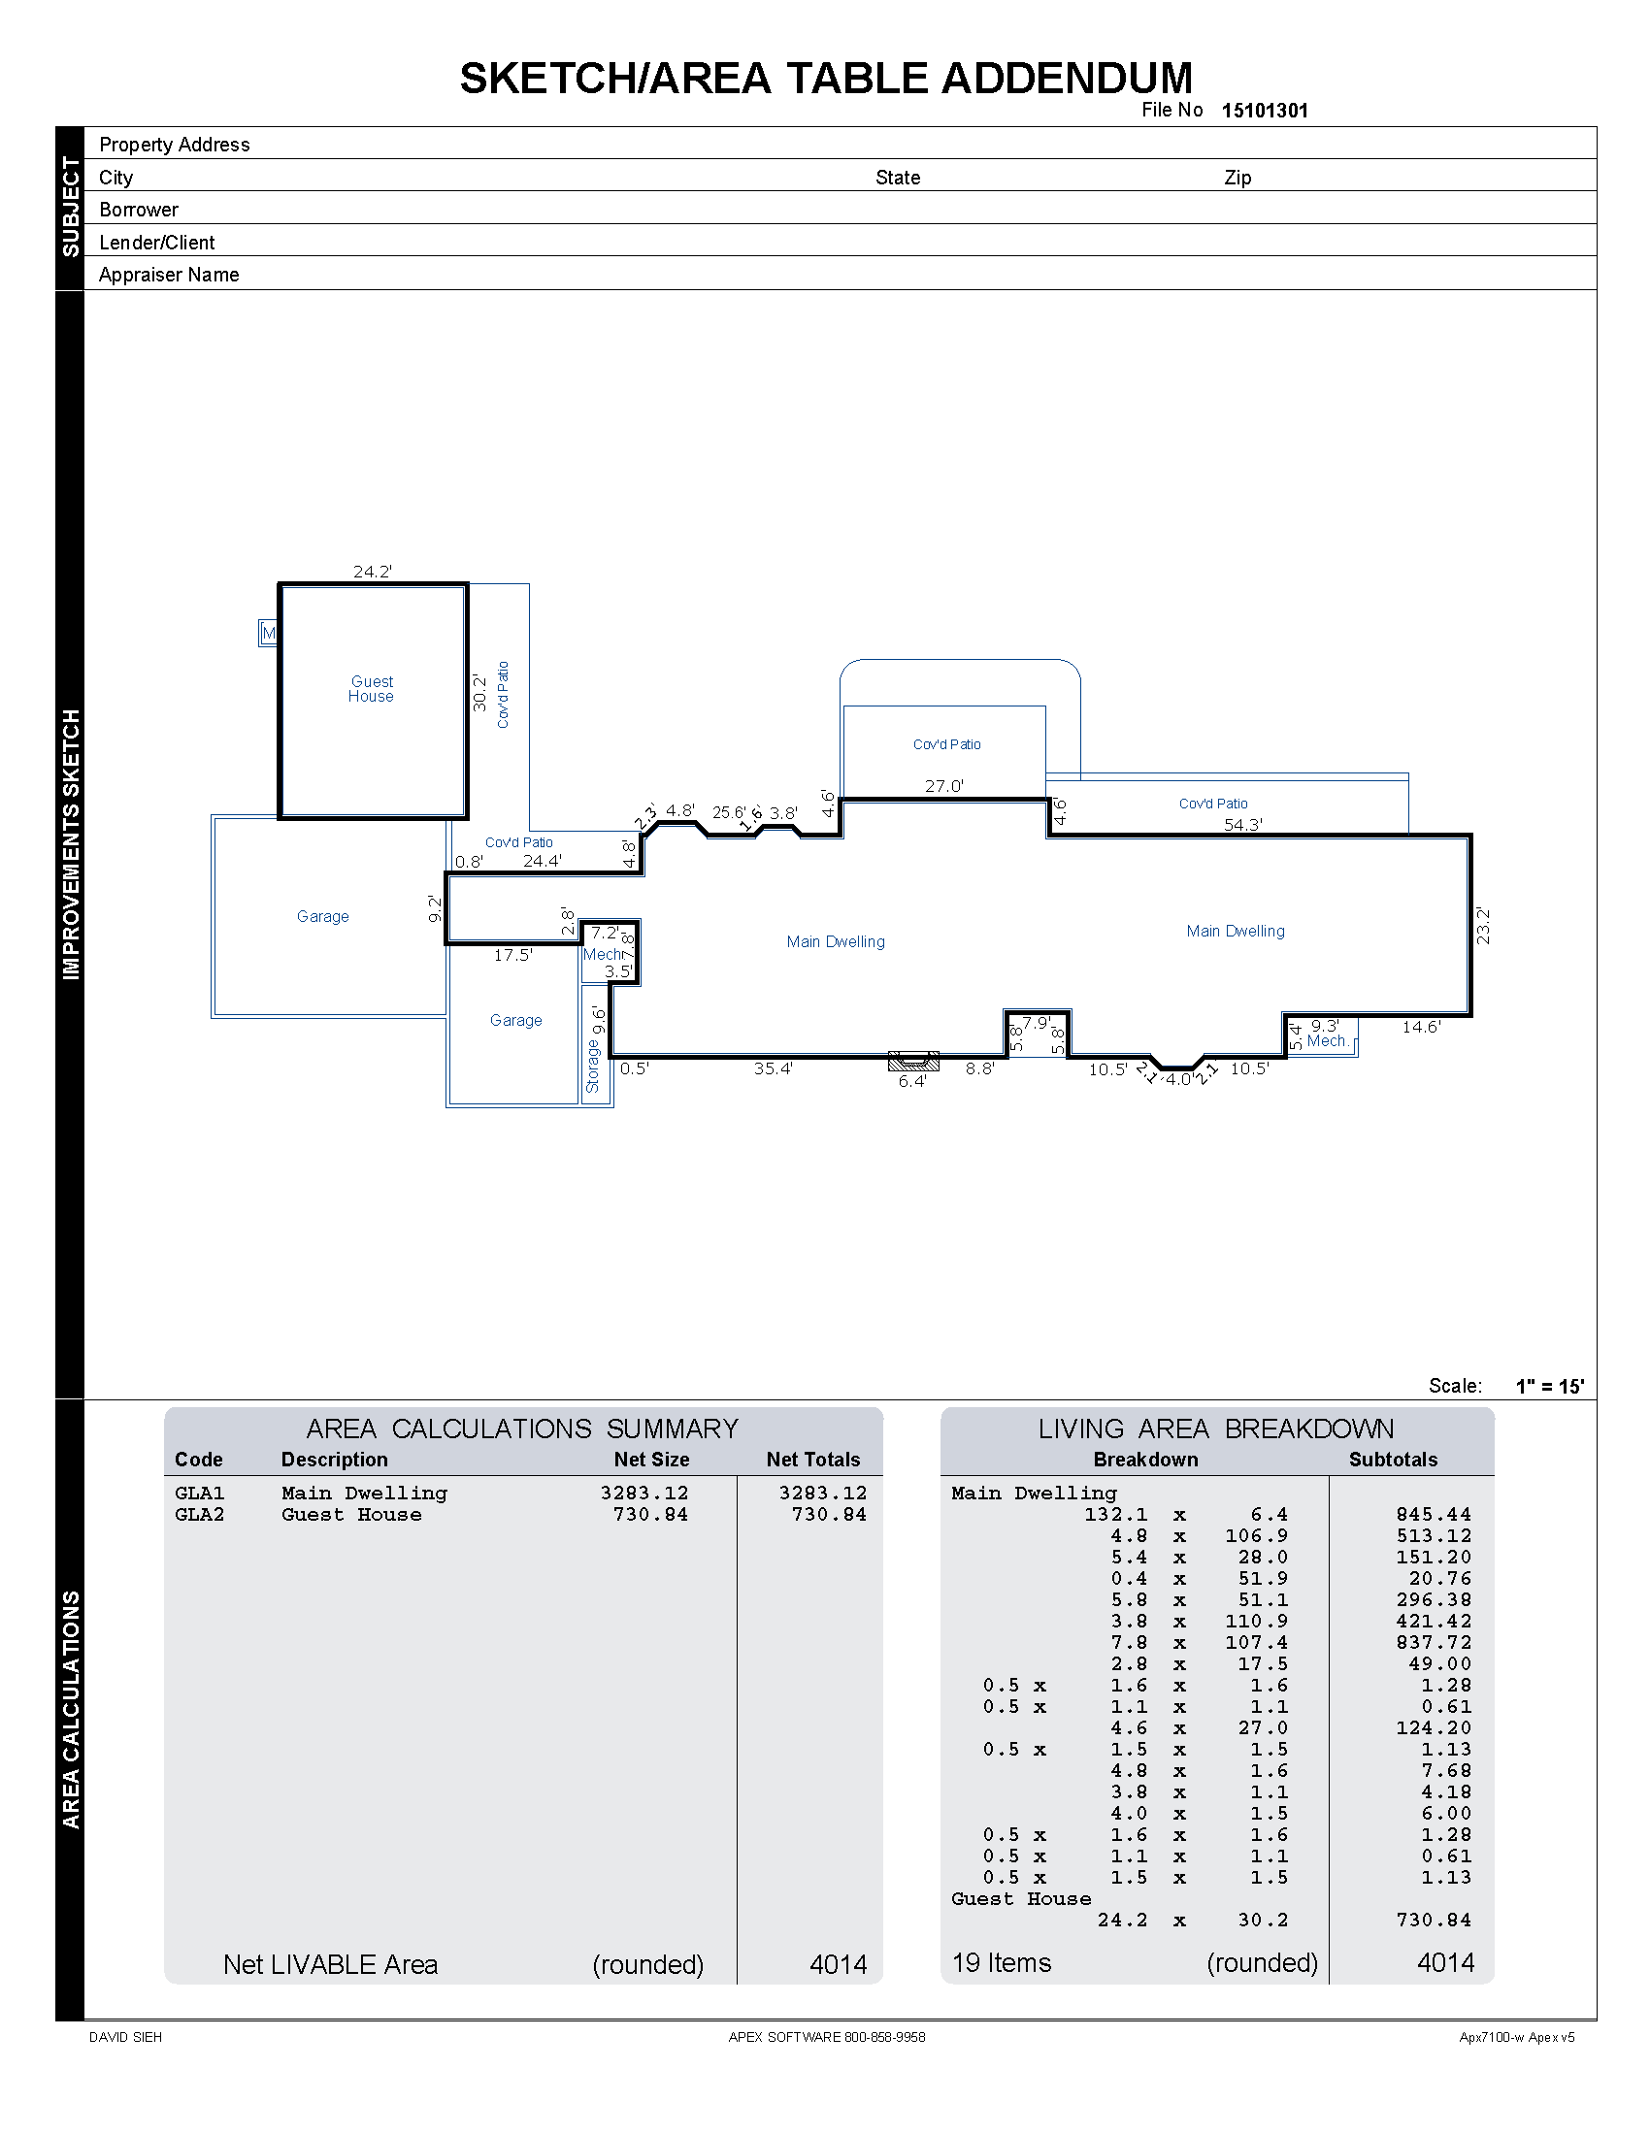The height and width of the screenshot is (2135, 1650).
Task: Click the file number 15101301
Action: click(x=1264, y=111)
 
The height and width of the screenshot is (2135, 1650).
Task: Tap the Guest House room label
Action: click(x=372, y=689)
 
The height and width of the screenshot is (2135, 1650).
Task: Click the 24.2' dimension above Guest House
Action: click(x=373, y=572)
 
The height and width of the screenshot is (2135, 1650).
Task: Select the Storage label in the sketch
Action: click(x=592, y=1066)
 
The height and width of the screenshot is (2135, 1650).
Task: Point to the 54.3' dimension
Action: click(x=1242, y=825)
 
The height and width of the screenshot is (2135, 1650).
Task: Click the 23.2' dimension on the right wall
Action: click(x=1483, y=926)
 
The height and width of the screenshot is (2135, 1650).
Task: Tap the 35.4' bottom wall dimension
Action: click(x=773, y=1068)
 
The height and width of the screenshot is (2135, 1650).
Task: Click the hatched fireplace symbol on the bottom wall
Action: click(x=913, y=1061)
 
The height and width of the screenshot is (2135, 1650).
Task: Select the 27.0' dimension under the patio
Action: click(x=944, y=786)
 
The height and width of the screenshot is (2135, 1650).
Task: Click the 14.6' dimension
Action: click(x=1421, y=1027)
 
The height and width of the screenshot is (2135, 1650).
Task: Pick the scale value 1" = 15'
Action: click(x=1549, y=1386)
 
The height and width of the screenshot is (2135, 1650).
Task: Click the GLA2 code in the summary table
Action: click(x=199, y=1514)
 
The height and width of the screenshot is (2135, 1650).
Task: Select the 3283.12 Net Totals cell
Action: click(x=822, y=1493)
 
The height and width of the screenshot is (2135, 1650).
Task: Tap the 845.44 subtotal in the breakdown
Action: click(x=1433, y=1514)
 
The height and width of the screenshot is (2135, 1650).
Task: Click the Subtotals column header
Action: click(x=1392, y=1460)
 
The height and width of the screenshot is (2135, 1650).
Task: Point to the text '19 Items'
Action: click(x=1001, y=1963)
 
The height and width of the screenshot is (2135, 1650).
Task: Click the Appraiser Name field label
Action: click(x=169, y=275)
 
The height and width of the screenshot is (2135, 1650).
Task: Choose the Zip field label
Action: click(x=1237, y=178)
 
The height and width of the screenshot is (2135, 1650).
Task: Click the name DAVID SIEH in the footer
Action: click(x=125, y=2037)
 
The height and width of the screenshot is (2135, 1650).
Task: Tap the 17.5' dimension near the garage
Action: click(x=512, y=955)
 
